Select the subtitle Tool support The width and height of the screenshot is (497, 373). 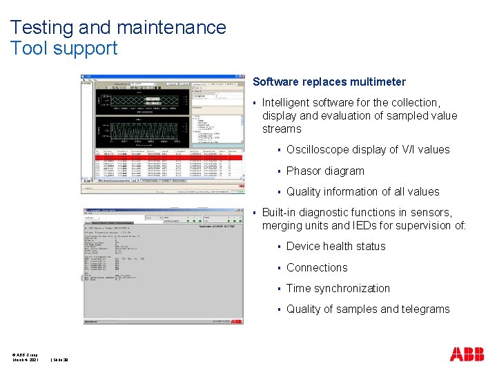[x=64, y=48]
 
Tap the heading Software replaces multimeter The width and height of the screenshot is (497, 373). [x=329, y=82]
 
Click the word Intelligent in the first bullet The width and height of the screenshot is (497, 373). [x=289, y=102]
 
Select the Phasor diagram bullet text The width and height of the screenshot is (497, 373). [x=324, y=171]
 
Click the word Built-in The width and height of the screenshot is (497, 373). [x=280, y=212]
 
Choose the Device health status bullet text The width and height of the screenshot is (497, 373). [x=335, y=247]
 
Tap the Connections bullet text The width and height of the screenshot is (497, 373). [x=317, y=267]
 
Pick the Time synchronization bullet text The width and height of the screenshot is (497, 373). [x=338, y=288]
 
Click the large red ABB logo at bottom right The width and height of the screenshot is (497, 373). [x=467, y=354]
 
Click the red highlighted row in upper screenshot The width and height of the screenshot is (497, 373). [x=162, y=157]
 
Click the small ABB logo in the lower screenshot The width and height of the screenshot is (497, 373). [x=236, y=322]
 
